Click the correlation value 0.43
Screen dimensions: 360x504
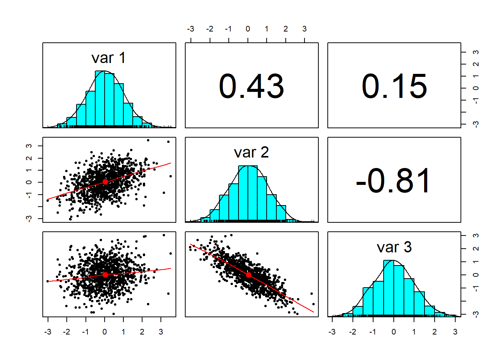[x=251, y=86]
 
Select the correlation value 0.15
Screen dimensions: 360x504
[x=394, y=86]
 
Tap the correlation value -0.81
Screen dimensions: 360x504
[x=394, y=181]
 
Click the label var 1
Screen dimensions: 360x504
[x=109, y=58]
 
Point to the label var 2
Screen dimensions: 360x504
[x=251, y=153]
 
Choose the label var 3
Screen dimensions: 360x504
[x=394, y=247]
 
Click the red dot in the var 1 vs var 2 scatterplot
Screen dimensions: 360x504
[x=105, y=182]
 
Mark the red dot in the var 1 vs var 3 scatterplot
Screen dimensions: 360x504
[x=105, y=275]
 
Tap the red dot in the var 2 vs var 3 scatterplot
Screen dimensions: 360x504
[x=249, y=275]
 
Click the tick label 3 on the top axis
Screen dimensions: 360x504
[x=304, y=29]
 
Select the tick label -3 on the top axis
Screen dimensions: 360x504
[x=190, y=29]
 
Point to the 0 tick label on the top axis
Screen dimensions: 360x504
[x=248, y=29]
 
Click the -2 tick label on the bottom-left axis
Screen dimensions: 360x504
[x=66, y=332]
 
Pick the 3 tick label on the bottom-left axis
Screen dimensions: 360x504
[x=161, y=332]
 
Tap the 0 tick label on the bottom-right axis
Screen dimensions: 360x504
[x=393, y=332]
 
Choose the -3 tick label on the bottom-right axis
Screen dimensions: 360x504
[x=331, y=332]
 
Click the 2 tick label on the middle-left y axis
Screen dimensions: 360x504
[x=29, y=158]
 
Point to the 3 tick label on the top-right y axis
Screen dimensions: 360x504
[x=476, y=52]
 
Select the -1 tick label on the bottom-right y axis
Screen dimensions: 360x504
[x=476, y=288]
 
